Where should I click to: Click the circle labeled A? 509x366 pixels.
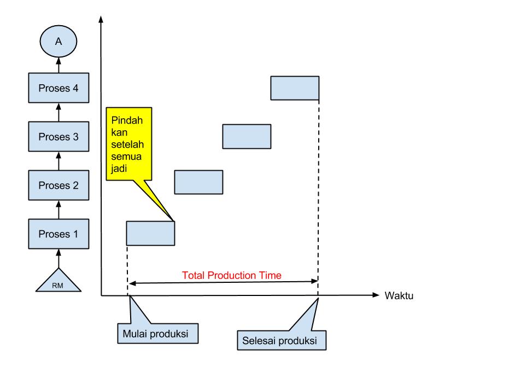point(58,42)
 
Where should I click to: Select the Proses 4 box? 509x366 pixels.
point(58,88)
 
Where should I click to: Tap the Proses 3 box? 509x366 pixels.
point(58,137)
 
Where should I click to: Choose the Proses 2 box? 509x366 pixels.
point(58,185)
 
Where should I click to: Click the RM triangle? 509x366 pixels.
point(58,281)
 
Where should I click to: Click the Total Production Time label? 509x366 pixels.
point(232,275)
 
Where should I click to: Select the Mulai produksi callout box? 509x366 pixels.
point(156,333)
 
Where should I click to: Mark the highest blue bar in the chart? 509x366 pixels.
point(295,88)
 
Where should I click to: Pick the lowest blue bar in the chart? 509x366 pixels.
point(150,233)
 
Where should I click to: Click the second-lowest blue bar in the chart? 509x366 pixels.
point(198,182)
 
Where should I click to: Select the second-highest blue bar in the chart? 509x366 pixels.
point(247,137)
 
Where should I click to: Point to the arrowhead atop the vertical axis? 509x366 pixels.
point(101,19)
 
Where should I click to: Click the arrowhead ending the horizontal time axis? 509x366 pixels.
point(375,295)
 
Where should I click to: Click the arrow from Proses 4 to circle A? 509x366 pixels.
point(58,66)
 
